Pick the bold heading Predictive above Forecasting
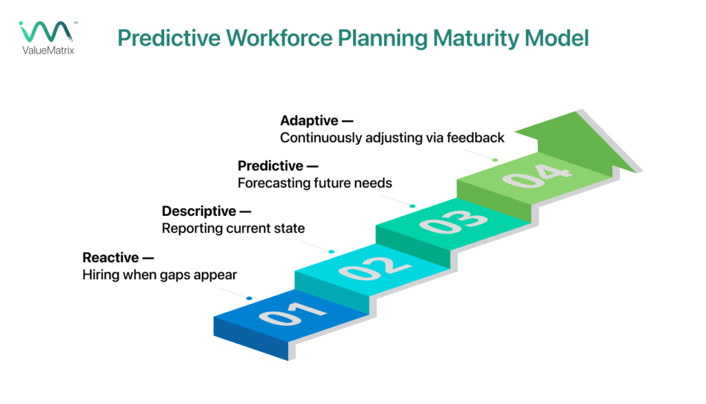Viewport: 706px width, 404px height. pyautogui.click(x=270, y=166)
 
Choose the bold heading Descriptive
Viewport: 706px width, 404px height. pyautogui.click(x=199, y=211)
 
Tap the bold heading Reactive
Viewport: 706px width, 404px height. pyautogui.click(x=110, y=257)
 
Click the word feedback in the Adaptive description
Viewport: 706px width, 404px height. pyautogui.click(x=476, y=138)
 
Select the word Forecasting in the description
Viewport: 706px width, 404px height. pyautogui.click(x=272, y=183)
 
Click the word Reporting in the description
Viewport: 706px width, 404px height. pyautogui.click(x=192, y=228)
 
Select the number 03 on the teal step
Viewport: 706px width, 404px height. pyautogui.click(x=449, y=221)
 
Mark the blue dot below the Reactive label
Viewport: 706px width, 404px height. pyautogui.click(x=249, y=298)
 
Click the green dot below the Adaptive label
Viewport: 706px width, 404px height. pyautogui.click(x=494, y=160)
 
